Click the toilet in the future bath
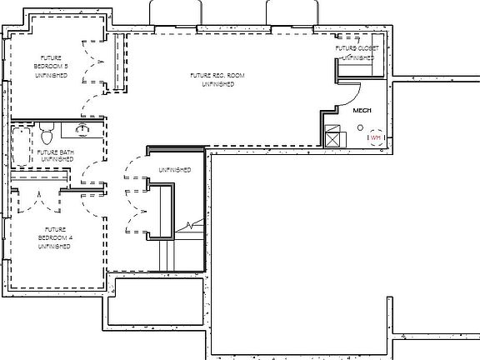click(x=47, y=132)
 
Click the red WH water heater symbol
click(x=375, y=137)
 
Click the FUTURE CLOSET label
click(x=357, y=53)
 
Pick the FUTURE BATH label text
click(x=55, y=157)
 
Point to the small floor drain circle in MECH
click(x=360, y=128)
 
